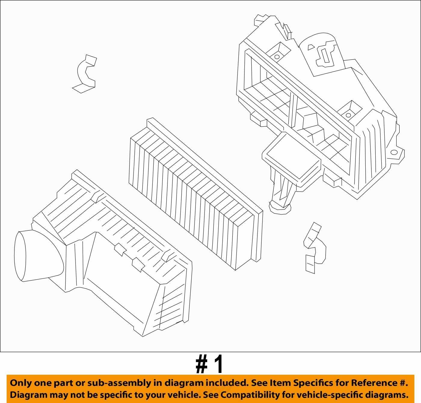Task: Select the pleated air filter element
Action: [x=196, y=194]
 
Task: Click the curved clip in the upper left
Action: [x=85, y=74]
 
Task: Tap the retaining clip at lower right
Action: [x=314, y=248]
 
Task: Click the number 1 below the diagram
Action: [x=217, y=365]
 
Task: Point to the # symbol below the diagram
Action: [x=201, y=365]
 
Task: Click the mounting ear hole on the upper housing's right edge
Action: [x=394, y=152]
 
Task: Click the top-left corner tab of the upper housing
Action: [x=260, y=20]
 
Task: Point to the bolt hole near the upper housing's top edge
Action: [x=277, y=57]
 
